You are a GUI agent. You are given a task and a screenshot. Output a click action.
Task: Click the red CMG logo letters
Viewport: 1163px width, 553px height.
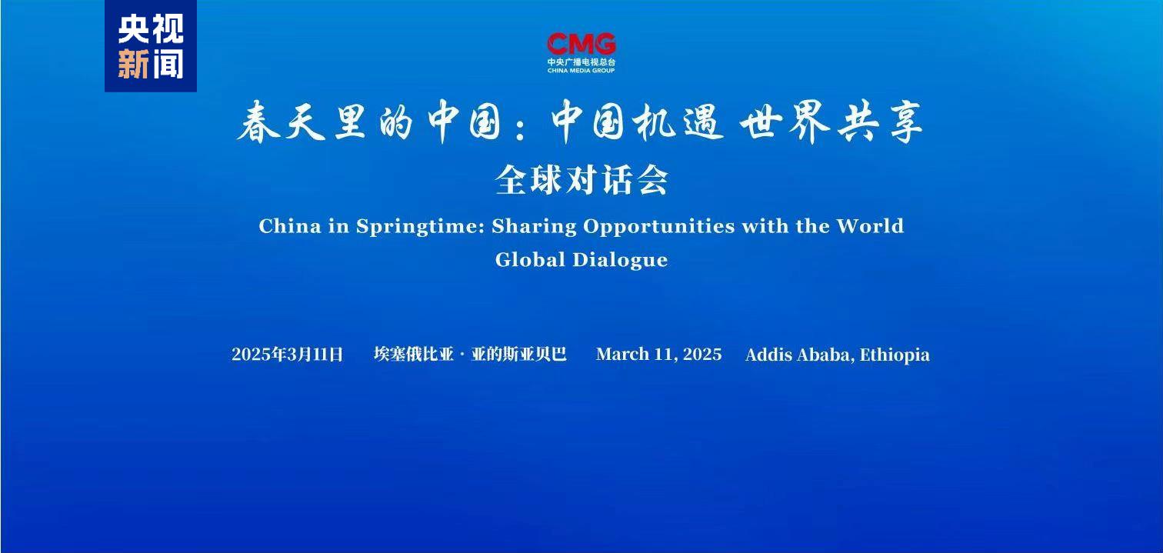(581, 43)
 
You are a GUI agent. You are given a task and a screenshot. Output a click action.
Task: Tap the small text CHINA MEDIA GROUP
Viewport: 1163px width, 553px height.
(581, 70)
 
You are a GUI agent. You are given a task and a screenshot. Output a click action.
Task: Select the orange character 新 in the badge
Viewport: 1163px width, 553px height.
(133, 64)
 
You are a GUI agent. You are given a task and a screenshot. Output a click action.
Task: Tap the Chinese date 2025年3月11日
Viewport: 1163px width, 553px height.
(287, 355)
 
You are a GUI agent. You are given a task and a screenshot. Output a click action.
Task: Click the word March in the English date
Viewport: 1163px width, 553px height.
(622, 355)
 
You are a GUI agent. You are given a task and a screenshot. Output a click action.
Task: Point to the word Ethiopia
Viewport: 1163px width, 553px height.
(895, 355)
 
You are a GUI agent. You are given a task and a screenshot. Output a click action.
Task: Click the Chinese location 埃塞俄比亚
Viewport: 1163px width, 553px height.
(413, 355)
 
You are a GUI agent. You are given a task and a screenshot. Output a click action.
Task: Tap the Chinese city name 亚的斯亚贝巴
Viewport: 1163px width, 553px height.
(519, 355)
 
